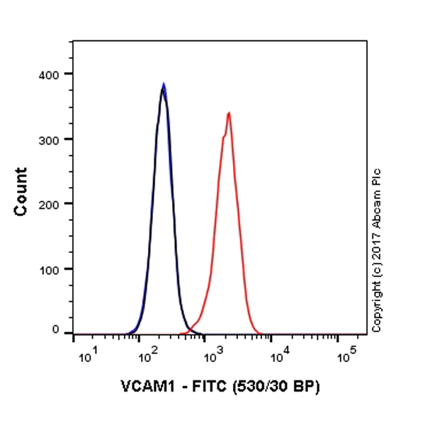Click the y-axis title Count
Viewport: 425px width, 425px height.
point(22,191)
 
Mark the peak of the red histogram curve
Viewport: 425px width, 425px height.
point(229,113)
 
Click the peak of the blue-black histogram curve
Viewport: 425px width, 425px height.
point(164,84)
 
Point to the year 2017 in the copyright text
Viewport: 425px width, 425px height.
point(376,234)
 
